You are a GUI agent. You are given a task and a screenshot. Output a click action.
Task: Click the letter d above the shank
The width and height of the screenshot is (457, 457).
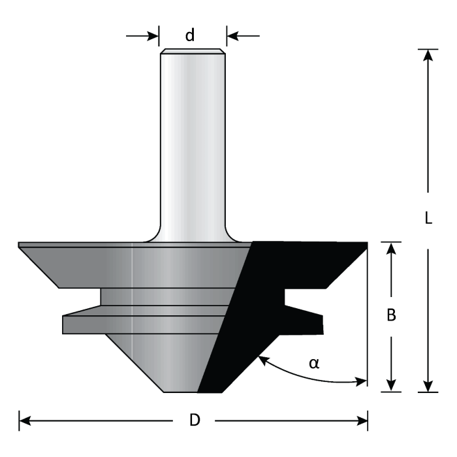(x=190, y=35)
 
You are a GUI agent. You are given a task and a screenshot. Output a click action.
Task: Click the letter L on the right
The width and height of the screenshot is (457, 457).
(x=428, y=219)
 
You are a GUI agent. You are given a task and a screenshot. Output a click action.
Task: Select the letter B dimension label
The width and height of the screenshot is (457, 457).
(x=392, y=315)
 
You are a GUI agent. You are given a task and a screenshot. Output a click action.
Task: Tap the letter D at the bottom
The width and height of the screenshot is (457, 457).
(x=195, y=421)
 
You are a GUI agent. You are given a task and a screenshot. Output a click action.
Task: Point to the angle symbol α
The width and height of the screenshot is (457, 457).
(x=314, y=362)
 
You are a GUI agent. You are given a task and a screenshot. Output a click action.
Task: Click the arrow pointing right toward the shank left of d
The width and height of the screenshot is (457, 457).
(x=153, y=35)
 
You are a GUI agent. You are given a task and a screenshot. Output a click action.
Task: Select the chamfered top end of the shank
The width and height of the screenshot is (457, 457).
(x=193, y=52)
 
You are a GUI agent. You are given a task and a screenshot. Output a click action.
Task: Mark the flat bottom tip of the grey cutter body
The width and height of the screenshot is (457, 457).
(x=180, y=390)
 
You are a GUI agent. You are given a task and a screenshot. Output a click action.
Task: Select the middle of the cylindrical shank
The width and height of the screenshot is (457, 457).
(x=193, y=144)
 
